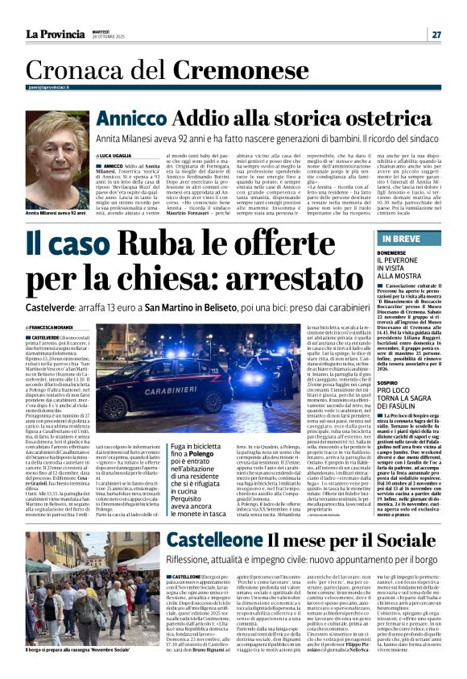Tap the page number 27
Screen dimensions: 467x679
(436, 35)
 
